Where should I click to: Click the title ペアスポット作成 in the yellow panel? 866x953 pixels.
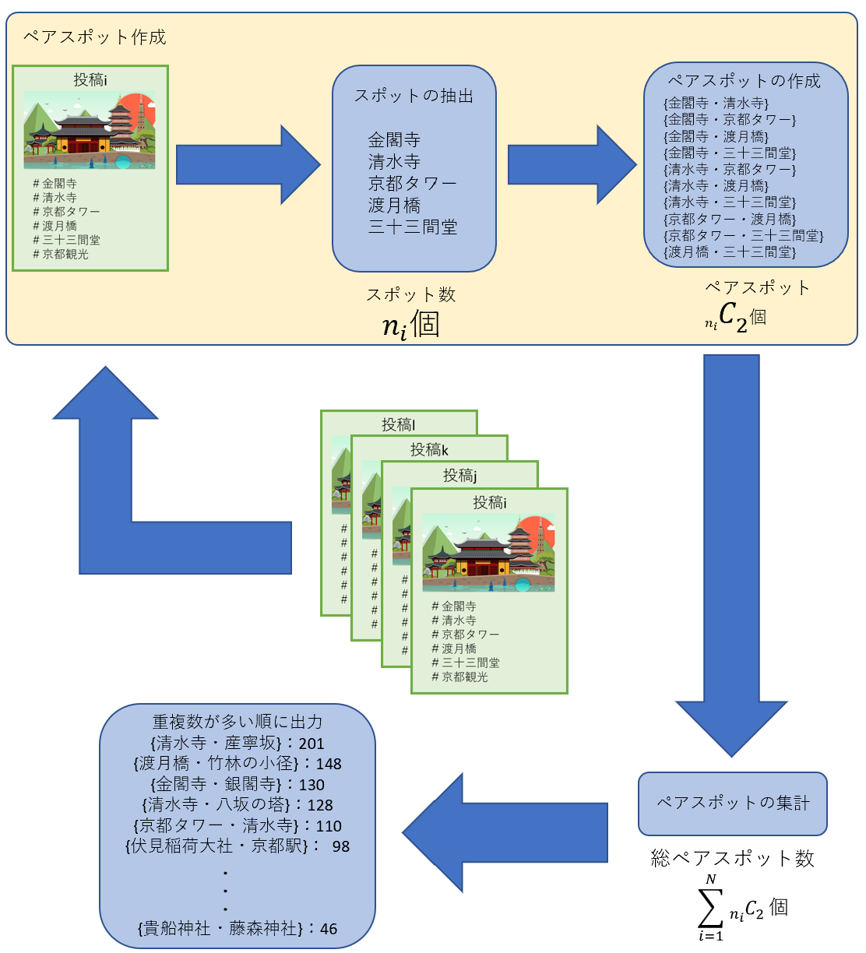point(94,37)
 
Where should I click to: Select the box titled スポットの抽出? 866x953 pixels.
point(414,168)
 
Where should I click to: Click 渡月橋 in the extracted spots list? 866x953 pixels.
point(394,205)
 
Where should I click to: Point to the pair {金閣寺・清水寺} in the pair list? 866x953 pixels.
point(716,103)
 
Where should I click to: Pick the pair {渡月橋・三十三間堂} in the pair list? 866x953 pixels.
point(730,251)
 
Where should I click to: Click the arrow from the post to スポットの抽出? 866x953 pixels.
point(248,165)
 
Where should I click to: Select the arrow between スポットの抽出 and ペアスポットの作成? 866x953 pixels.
point(572,165)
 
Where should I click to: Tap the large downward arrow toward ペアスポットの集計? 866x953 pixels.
point(731,545)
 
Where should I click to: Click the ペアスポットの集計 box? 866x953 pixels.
point(732,803)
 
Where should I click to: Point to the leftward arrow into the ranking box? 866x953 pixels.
point(506,833)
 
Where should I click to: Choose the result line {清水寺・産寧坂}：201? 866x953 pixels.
point(237,743)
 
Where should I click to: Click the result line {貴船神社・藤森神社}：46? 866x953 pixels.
point(237,928)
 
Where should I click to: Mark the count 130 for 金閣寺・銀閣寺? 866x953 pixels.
point(312,785)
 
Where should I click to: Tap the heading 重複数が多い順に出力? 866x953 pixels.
point(237,722)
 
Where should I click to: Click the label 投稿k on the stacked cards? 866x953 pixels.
point(429,449)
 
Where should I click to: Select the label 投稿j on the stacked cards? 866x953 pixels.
point(459,475)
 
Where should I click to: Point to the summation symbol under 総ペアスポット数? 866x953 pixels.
point(709,906)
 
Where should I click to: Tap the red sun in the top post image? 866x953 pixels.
point(145,109)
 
